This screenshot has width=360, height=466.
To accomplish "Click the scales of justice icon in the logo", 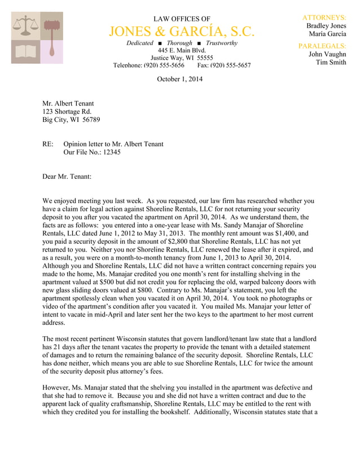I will pos(25,25).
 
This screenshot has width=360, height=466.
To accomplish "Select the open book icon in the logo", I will pos(25,51).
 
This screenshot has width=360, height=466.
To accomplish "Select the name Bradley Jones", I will pos(326,26).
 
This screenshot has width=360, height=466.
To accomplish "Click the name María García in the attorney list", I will pos(327,34).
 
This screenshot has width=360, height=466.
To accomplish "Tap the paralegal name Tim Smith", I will pos(331,63).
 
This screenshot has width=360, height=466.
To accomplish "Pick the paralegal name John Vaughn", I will pos(327,54).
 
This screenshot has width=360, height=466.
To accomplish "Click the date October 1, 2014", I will pos(179,79).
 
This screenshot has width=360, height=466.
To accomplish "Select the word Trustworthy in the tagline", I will pos(221,43).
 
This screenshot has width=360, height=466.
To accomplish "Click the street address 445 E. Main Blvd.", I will pos(182,50).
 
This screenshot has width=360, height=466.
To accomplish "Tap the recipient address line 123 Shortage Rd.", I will pos(67,112).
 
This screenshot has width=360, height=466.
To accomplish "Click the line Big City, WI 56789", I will pos(71,120).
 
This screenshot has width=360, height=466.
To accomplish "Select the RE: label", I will pos(48,144).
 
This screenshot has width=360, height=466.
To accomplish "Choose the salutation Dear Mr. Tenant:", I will pos(67,177).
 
